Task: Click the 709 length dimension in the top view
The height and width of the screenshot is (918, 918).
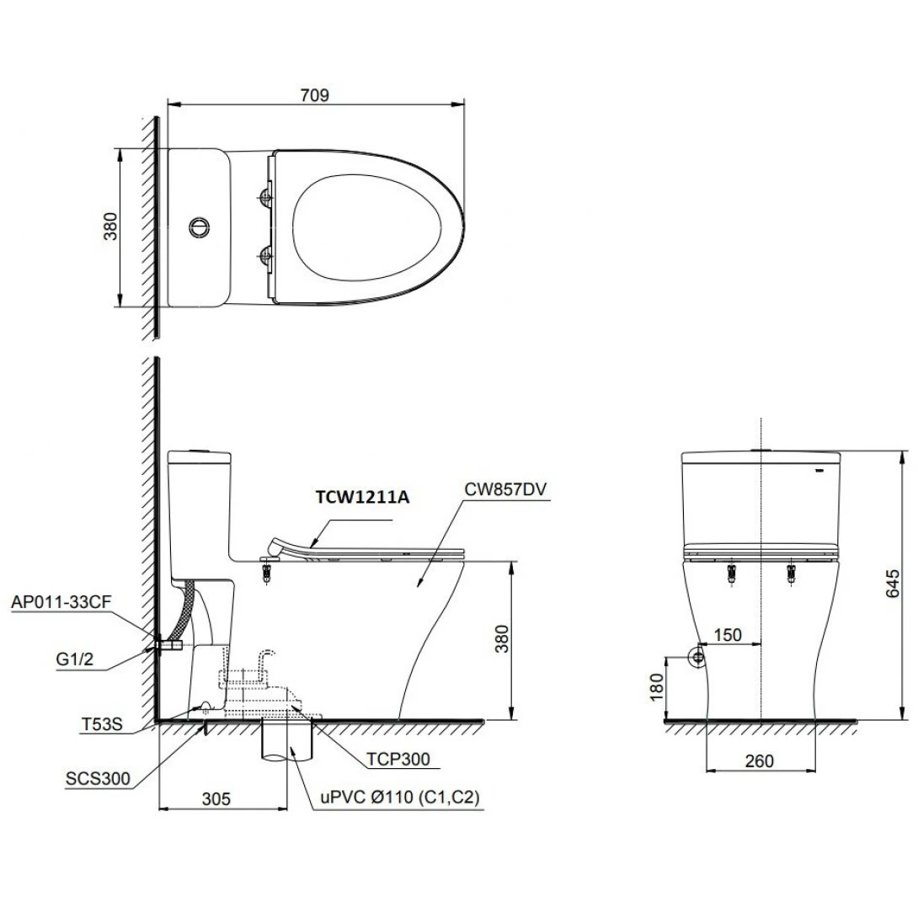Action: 316,95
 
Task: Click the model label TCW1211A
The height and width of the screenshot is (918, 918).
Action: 362,497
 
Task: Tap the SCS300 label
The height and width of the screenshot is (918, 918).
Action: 98,779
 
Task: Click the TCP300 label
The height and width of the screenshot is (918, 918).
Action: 398,759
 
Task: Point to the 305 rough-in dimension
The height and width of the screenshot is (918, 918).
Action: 216,798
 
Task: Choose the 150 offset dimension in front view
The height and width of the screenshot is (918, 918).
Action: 729,634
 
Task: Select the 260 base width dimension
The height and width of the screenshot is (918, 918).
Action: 760,761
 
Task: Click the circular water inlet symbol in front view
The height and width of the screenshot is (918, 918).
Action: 697,658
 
